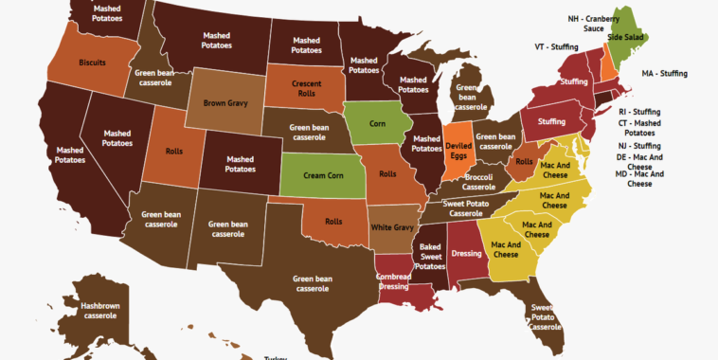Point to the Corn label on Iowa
(378, 122)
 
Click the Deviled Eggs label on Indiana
(458, 151)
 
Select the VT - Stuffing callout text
(557, 45)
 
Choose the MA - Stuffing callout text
(664, 73)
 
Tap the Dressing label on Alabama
(466, 254)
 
